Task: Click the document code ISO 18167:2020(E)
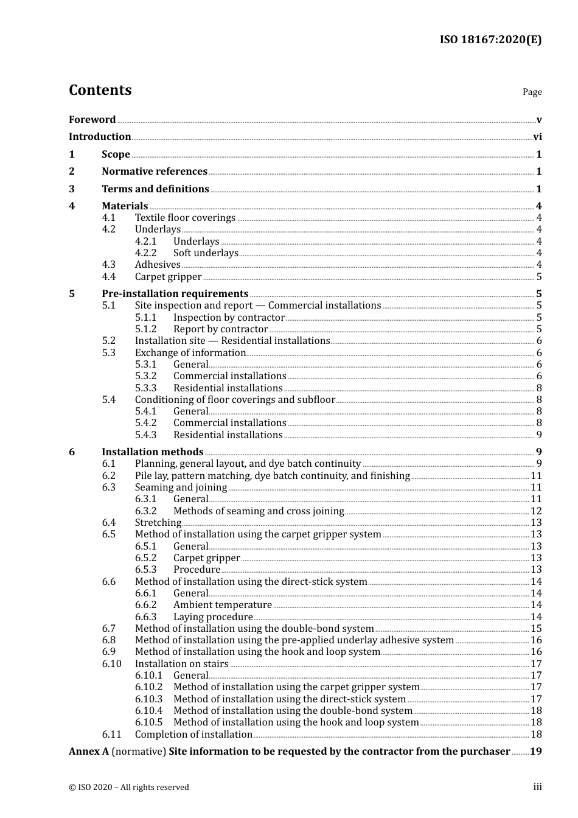[x=490, y=40]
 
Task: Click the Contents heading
[x=100, y=90]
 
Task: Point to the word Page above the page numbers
[x=532, y=92]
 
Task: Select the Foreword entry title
[x=92, y=120]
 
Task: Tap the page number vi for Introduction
[x=537, y=137]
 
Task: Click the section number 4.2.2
[x=145, y=253]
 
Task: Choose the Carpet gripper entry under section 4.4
[x=168, y=277]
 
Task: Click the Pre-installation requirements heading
[x=175, y=294]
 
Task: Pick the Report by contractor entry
[x=220, y=329]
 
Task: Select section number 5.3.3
[x=145, y=388]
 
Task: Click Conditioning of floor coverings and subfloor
[x=235, y=400]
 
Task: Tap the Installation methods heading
[x=152, y=452]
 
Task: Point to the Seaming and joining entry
[x=181, y=488]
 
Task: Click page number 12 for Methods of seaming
[x=536, y=511]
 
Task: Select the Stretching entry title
[x=158, y=523]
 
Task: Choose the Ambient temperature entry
[x=222, y=605]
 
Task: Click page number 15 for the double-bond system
[x=536, y=629]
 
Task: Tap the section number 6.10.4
[x=148, y=711]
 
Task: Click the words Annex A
[x=89, y=752]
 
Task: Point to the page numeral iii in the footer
[x=537, y=787]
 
